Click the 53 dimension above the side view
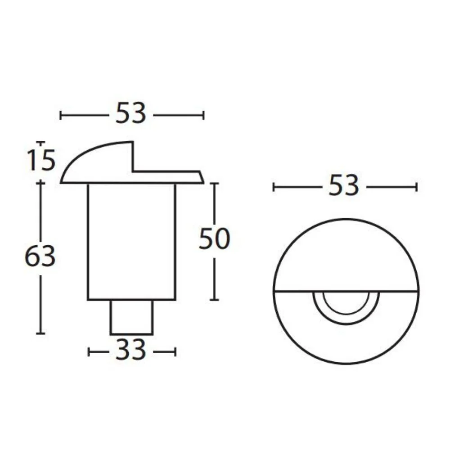click(131, 114)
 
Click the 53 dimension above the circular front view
click(344, 186)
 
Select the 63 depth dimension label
click(40, 257)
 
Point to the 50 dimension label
click(214, 239)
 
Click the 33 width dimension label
click(131, 351)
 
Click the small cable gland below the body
click(131, 317)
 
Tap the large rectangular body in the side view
click(131, 241)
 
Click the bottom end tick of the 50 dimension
click(215, 300)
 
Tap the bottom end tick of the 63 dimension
click(41, 333)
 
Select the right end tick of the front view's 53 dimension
click(417, 187)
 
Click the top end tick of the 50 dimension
click(215, 183)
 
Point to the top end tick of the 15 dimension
click(41, 143)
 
